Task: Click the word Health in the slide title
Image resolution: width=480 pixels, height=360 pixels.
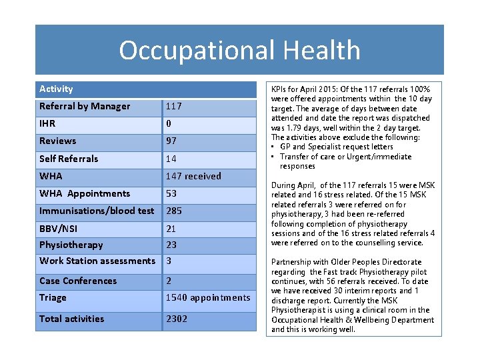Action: coord(321,51)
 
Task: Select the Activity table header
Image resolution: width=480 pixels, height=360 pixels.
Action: coord(57,89)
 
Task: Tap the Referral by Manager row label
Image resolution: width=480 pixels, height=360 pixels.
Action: coord(85,106)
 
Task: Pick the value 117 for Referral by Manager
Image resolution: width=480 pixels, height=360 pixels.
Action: coord(174,107)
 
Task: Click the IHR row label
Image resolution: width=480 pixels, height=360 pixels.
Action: coord(47,123)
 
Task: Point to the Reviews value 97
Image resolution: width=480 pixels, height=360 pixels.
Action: coord(171,141)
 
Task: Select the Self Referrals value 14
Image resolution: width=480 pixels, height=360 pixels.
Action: coord(171,159)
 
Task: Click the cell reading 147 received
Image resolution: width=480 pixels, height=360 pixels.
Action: coord(193,176)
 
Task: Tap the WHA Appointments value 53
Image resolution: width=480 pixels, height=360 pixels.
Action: coord(171,193)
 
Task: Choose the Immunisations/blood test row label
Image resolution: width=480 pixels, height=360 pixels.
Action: coord(97,211)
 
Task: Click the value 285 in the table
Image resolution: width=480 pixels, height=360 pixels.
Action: coord(174,211)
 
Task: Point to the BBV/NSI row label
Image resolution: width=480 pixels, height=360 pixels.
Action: coord(59,228)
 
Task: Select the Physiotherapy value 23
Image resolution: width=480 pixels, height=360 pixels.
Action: coord(171,245)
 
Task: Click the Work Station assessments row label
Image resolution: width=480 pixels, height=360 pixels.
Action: coord(97,261)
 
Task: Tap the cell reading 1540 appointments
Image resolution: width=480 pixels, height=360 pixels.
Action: coord(208,298)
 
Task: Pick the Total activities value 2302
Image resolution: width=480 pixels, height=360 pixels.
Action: coord(177,319)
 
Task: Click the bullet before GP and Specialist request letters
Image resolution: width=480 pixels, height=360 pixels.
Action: coord(273,147)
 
